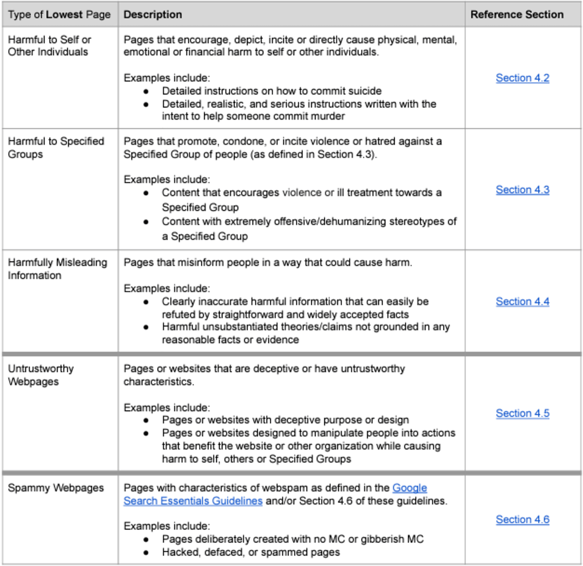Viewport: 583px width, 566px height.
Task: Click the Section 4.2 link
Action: pos(522,78)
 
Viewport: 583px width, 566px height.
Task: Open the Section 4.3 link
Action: pos(522,190)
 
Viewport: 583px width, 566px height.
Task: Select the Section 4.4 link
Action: pos(522,302)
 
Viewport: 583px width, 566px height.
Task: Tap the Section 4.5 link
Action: pos(522,413)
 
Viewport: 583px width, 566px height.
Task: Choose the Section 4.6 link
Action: pos(522,520)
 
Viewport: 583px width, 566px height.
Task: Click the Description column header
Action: pos(153,15)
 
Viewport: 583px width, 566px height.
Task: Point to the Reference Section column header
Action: pos(517,15)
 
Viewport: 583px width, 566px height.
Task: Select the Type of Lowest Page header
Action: pos(59,15)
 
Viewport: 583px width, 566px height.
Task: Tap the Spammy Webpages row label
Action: pos(56,488)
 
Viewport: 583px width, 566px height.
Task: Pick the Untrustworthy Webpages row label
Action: pos(40,375)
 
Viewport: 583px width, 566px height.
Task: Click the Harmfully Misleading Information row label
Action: pos(57,269)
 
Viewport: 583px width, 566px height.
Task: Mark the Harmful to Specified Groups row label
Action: pos(56,148)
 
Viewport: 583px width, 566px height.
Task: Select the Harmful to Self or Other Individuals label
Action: pos(50,46)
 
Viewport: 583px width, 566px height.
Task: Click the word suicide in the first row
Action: pos(365,91)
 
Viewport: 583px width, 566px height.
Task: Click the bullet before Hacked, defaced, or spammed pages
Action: pos(146,553)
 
